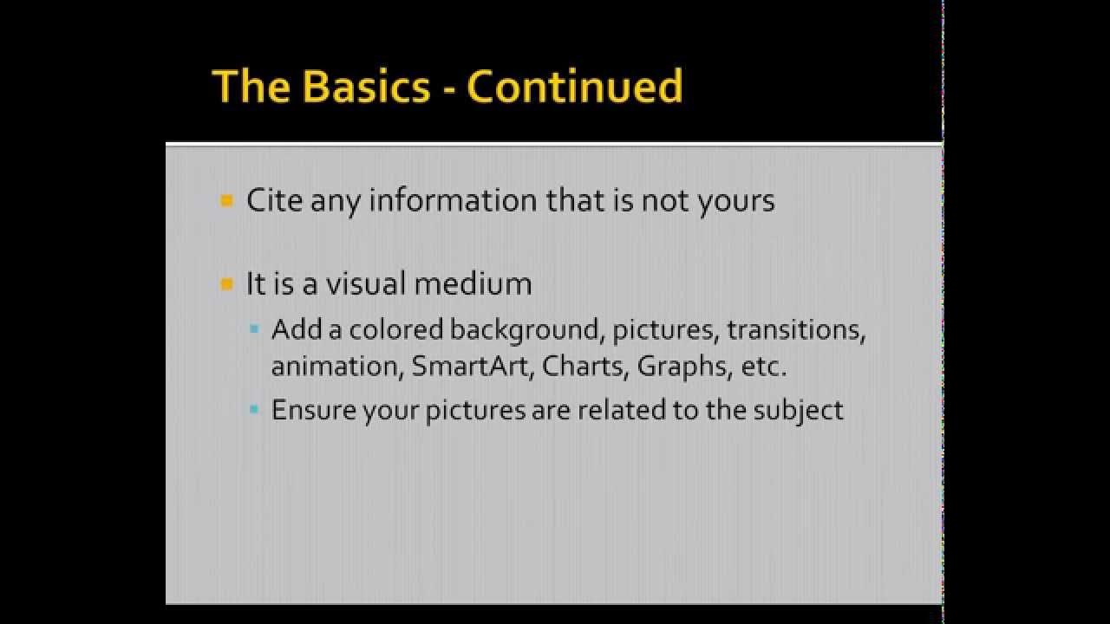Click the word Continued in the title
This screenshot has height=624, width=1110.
(574, 87)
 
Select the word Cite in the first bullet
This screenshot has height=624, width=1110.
(275, 200)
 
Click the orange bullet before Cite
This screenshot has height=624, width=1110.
(227, 201)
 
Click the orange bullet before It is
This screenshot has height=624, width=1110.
(227, 283)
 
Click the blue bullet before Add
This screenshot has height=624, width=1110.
(254, 330)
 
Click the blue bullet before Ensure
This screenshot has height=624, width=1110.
(254, 409)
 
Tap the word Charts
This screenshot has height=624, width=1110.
(585, 366)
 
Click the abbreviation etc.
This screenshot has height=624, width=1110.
(763, 366)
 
